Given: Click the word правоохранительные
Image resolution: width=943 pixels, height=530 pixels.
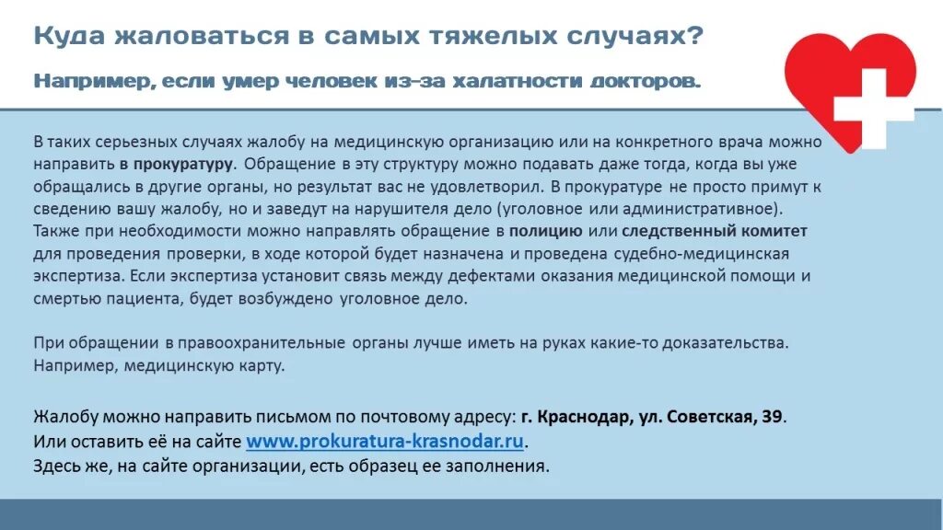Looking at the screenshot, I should (x=262, y=342).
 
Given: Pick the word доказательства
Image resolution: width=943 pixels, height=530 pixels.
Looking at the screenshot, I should (x=727, y=342).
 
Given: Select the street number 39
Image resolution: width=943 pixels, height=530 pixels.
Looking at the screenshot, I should (x=772, y=416).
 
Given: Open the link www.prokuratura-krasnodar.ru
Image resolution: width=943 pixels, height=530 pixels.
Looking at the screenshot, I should (x=386, y=441).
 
